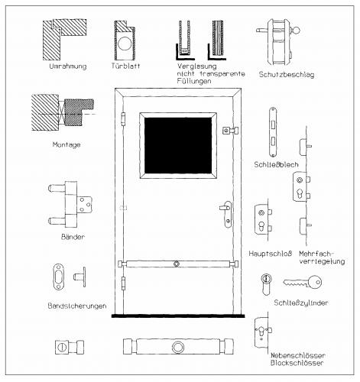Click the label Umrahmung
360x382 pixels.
click(x=68, y=66)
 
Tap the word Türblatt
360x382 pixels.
click(x=125, y=66)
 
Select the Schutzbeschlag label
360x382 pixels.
click(x=287, y=75)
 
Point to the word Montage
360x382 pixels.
click(x=66, y=144)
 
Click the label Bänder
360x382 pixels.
click(x=73, y=237)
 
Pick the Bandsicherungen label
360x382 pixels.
click(x=77, y=306)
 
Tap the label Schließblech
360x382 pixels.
click(x=276, y=164)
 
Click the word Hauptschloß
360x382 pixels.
click(x=271, y=254)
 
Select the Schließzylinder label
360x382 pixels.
click(x=301, y=303)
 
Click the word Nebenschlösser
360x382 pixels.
click(x=298, y=355)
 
